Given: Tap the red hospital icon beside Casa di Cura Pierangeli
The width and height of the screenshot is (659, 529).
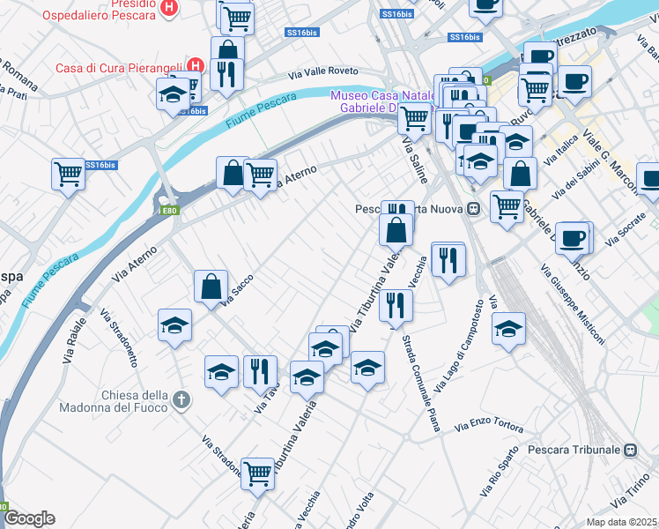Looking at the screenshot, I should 196,67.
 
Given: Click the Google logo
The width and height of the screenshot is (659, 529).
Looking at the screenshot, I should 29,518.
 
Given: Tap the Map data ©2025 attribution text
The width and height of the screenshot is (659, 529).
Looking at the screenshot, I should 622,522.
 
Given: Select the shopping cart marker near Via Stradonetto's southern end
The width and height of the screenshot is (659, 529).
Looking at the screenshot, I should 257,473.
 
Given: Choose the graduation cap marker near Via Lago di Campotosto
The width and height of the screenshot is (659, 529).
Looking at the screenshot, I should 508,330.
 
